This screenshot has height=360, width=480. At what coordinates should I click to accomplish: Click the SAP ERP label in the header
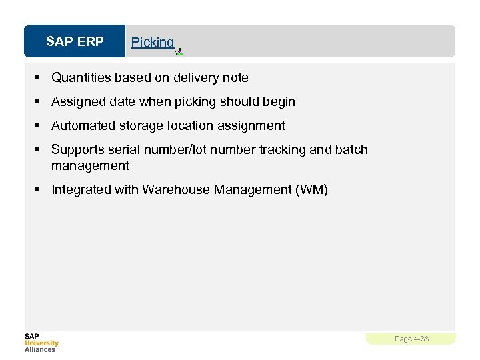pyautogui.click(x=75, y=42)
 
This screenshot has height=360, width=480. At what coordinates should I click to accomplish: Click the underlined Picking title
pyautogui.click(x=152, y=42)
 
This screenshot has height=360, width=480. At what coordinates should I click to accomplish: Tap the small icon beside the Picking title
pyautogui.click(x=178, y=51)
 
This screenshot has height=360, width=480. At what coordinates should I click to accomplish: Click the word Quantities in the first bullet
pyautogui.click(x=81, y=78)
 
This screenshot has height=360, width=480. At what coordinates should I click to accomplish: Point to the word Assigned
pyautogui.click(x=77, y=102)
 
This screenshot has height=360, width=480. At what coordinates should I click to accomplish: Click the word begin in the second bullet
pyautogui.click(x=279, y=102)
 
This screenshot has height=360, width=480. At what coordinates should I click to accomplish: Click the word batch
pyautogui.click(x=351, y=150)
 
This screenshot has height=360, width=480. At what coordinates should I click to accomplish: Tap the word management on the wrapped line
pyautogui.click(x=90, y=165)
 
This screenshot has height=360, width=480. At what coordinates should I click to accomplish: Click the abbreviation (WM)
pyautogui.click(x=311, y=190)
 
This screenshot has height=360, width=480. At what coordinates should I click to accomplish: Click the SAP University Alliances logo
pyautogui.click(x=41, y=342)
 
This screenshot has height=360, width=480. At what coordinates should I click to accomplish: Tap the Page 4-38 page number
pyautogui.click(x=411, y=339)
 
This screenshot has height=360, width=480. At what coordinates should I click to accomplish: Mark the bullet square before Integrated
pyautogui.click(x=39, y=190)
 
